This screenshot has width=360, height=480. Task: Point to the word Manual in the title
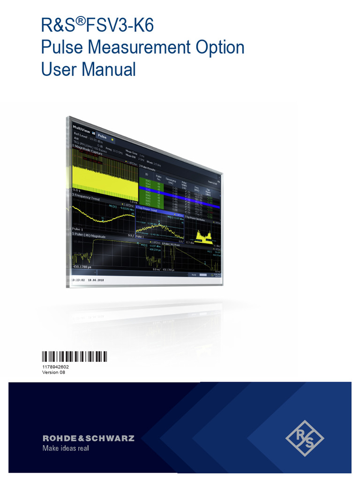109,70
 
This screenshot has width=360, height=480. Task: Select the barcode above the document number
74,357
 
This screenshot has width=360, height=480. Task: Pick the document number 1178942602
55,367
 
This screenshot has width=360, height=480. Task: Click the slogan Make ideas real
66,449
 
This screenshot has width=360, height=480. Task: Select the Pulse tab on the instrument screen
102,137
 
